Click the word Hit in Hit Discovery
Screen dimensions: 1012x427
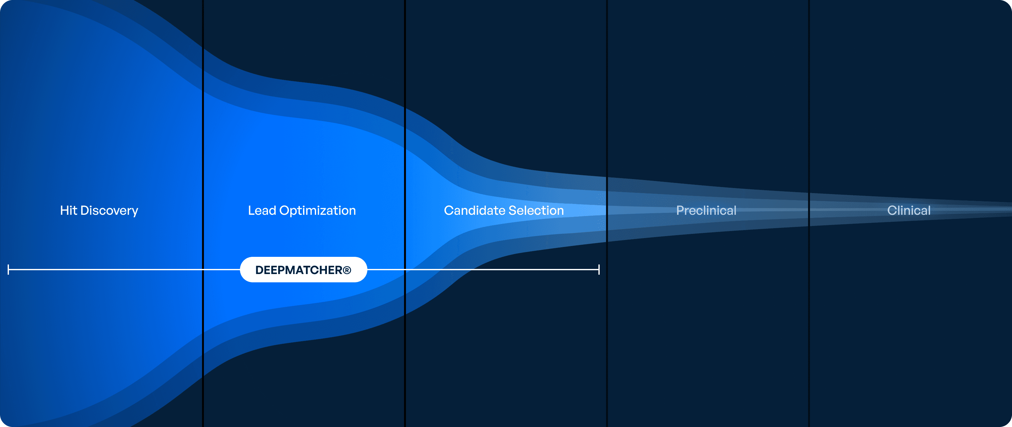(x=69, y=211)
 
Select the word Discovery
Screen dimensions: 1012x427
(x=109, y=211)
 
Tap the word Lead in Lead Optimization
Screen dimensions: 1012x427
(x=262, y=211)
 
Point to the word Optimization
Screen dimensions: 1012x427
(x=317, y=211)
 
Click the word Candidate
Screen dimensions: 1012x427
(x=474, y=211)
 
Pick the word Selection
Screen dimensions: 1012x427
(x=536, y=211)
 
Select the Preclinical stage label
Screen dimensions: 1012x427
(x=706, y=211)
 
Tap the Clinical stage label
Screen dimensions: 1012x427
(x=909, y=211)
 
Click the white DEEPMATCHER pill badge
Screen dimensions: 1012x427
(x=304, y=270)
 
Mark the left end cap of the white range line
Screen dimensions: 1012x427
(x=8, y=270)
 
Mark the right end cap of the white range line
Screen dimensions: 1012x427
(x=599, y=270)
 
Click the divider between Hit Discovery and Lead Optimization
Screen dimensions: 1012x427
(x=203, y=213)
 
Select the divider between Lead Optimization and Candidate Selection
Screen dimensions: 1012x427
(x=405, y=213)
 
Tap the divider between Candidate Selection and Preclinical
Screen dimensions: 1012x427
(x=607, y=213)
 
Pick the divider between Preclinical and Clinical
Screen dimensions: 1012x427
(x=809, y=213)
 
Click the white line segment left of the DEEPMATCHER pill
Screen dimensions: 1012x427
(x=124, y=270)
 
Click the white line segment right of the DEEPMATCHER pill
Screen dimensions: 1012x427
(x=483, y=270)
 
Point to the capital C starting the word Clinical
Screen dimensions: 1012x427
(x=892, y=211)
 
